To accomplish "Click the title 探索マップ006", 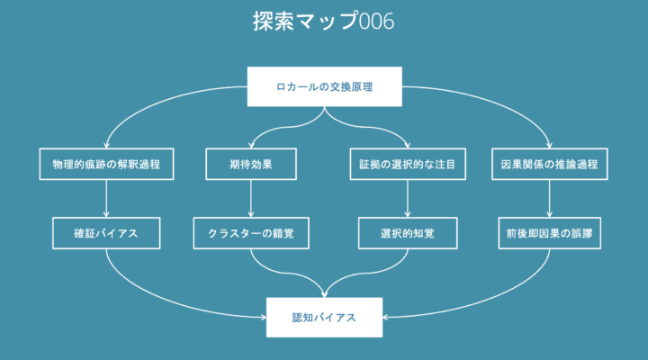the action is point(324,21).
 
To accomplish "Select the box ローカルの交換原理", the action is point(324,86).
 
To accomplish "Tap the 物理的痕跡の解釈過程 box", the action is point(106,164).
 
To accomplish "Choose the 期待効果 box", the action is point(251,164).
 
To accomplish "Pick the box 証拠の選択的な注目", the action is point(408,164).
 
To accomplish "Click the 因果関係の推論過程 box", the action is point(549,164).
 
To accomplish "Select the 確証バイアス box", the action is point(106,233).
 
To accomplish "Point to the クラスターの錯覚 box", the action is point(251,233).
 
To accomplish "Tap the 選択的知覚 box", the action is point(408,233).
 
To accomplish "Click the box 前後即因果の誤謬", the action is point(549,233).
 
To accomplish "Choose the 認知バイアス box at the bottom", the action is point(324,318).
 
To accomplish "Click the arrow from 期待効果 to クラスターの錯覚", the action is point(251,198).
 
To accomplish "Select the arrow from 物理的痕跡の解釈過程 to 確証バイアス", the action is point(106,198).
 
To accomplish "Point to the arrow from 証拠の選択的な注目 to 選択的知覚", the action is point(408,198).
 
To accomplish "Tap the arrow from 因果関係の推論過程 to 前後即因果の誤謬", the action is point(549,198).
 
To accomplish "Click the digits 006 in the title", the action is point(377,22).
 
